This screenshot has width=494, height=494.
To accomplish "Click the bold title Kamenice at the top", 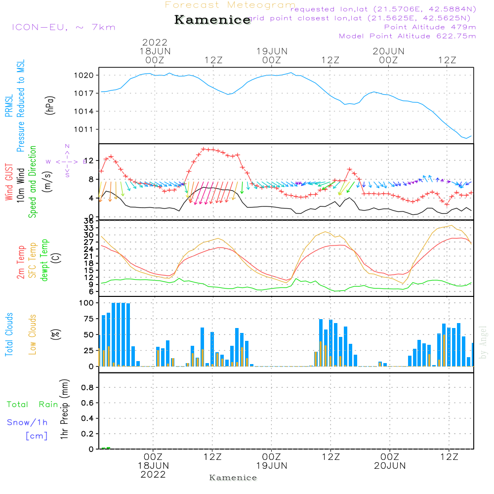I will pyautogui.click(x=212, y=20).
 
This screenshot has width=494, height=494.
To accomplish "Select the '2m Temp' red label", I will pyautogui.click(x=21, y=261).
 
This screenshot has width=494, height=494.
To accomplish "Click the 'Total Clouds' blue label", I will pyautogui.click(x=9, y=334).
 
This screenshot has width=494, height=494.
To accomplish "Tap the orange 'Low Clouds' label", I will pyautogui.click(x=33, y=334).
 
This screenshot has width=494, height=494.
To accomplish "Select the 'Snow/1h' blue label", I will pyautogui.click(x=27, y=422).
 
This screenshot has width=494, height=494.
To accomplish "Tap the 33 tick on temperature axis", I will pyautogui.click(x=89, y=228).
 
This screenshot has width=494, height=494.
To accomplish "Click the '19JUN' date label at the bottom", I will pyautogui.click(x=271, y=466).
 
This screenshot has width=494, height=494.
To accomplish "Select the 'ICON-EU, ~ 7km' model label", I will pyautogui.click(x=63, y=27).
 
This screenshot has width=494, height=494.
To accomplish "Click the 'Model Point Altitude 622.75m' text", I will pyautogui.click(x=407, y=36).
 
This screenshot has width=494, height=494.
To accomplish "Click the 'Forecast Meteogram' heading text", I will pyautogui.click(x=230, y=5).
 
